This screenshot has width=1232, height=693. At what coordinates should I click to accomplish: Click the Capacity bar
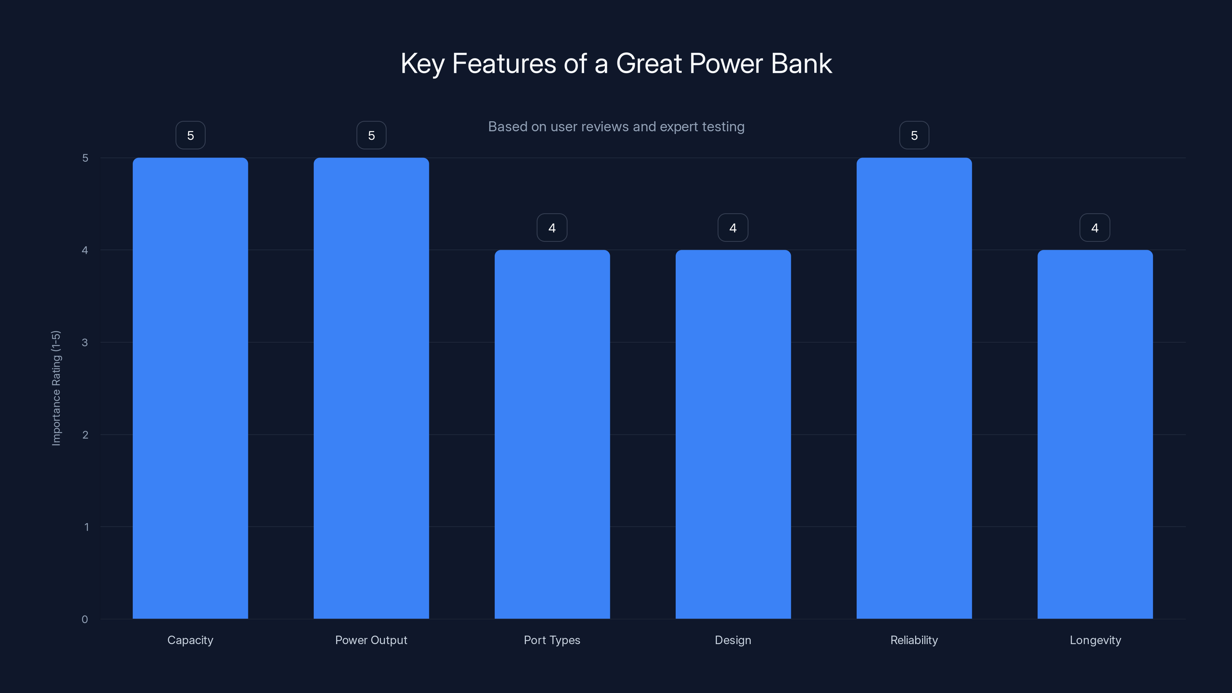190,388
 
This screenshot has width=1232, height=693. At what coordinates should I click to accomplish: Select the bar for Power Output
371,388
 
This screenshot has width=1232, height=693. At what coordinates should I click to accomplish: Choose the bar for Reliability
914,388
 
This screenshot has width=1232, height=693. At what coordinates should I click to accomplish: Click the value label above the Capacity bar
190,136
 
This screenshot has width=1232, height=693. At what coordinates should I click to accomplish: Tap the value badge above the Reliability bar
914,136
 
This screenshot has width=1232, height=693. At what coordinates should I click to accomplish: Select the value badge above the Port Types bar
552,228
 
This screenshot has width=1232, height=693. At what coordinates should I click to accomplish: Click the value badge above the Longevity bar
1095,228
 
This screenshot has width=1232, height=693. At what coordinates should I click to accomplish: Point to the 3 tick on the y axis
85,342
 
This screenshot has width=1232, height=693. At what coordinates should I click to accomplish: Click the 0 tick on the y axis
85,619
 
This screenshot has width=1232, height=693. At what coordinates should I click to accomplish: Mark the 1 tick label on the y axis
86,527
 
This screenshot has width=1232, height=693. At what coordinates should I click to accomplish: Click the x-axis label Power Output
371,640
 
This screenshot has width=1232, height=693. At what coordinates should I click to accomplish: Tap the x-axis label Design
733,640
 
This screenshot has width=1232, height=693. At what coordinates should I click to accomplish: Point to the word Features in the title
504,64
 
